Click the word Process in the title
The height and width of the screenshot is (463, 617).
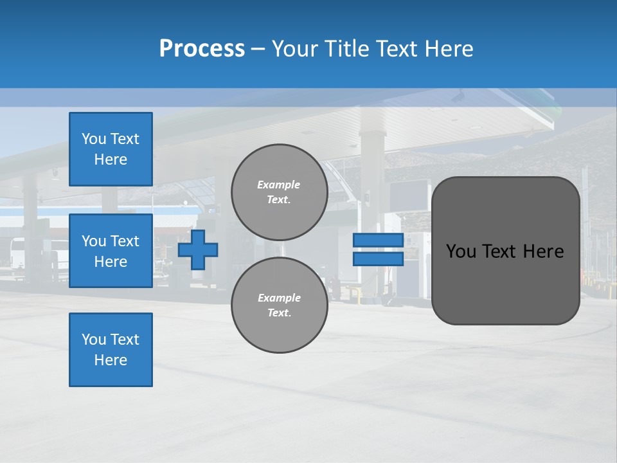pos(202,49)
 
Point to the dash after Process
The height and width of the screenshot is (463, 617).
pos(258,50)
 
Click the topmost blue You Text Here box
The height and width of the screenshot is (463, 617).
pos(111,149)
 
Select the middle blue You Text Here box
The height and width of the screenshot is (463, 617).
pos(111,251)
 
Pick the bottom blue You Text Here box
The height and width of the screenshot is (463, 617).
pos(111,350)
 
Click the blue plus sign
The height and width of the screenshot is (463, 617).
pos(198,250)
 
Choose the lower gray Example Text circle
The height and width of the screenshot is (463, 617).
pos(280,305)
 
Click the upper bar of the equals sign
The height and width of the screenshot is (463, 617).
pos(378,241)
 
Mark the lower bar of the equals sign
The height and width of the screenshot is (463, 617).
pos(378,259)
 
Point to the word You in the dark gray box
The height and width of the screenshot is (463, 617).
pos(461,251)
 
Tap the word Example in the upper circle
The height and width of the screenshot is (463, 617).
pos(278,185)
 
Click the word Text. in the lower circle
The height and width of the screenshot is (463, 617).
pos(279,313)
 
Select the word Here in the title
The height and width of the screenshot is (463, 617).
pos(447,49)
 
